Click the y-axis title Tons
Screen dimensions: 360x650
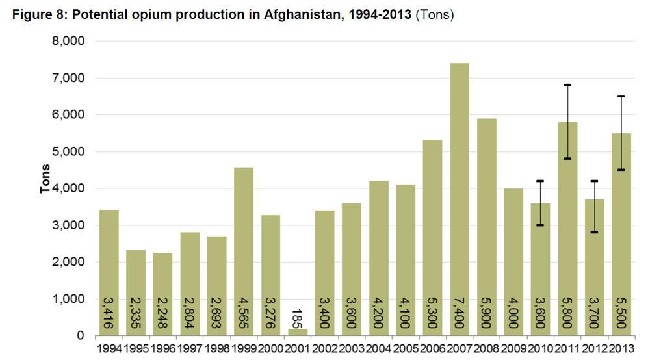(45, 178)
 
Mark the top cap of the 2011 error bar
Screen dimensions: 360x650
(567, 84)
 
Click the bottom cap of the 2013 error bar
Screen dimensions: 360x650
(621, 170)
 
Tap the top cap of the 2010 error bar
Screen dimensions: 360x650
(540, 181)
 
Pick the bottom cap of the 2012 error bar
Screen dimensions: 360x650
(595, 232)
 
